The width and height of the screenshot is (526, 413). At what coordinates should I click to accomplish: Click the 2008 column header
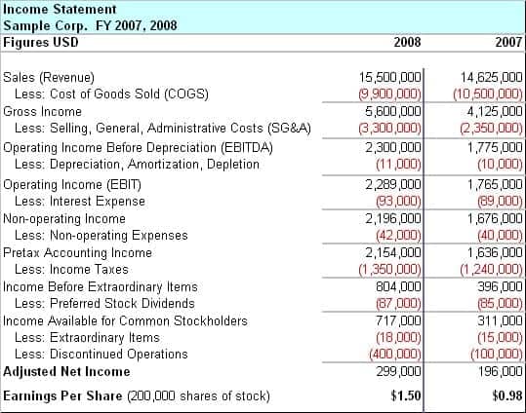click(x=407, y=42)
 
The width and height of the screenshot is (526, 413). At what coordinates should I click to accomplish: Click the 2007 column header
click(x=508, y=42)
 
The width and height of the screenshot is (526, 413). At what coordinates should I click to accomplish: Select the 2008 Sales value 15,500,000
click(x=389, y=77)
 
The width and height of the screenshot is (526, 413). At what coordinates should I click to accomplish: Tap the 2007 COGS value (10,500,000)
click(x=488, y=94)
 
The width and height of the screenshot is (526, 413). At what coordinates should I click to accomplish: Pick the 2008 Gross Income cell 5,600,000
click(x=393, y=112)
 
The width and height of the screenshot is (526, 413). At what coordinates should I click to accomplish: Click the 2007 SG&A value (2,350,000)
click(x=491, y=129)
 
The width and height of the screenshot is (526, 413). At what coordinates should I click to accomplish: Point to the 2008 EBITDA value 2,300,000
click(x=393, y=147)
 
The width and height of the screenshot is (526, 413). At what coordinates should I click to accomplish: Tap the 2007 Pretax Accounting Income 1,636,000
click(x=495, y=252)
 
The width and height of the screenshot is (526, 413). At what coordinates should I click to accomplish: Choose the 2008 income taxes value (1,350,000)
click(x=389, y=270)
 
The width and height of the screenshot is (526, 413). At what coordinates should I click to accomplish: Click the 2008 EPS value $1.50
click(x=406, y=395)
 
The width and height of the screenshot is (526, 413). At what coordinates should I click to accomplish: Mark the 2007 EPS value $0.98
click(x=507, y=395)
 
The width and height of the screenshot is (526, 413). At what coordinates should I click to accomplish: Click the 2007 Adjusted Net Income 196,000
click(x=500, y=371)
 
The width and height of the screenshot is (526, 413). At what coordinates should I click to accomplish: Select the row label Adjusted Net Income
click(x=66, y=371)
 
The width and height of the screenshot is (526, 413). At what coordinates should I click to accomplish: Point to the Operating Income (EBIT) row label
click(x=72, y=184)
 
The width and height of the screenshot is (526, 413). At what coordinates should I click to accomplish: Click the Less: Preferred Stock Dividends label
click(x=104, y=304)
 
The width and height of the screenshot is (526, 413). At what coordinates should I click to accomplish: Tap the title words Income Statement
click(x=60, y=9)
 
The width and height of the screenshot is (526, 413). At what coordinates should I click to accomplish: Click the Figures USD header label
click(x=41, y=42)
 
